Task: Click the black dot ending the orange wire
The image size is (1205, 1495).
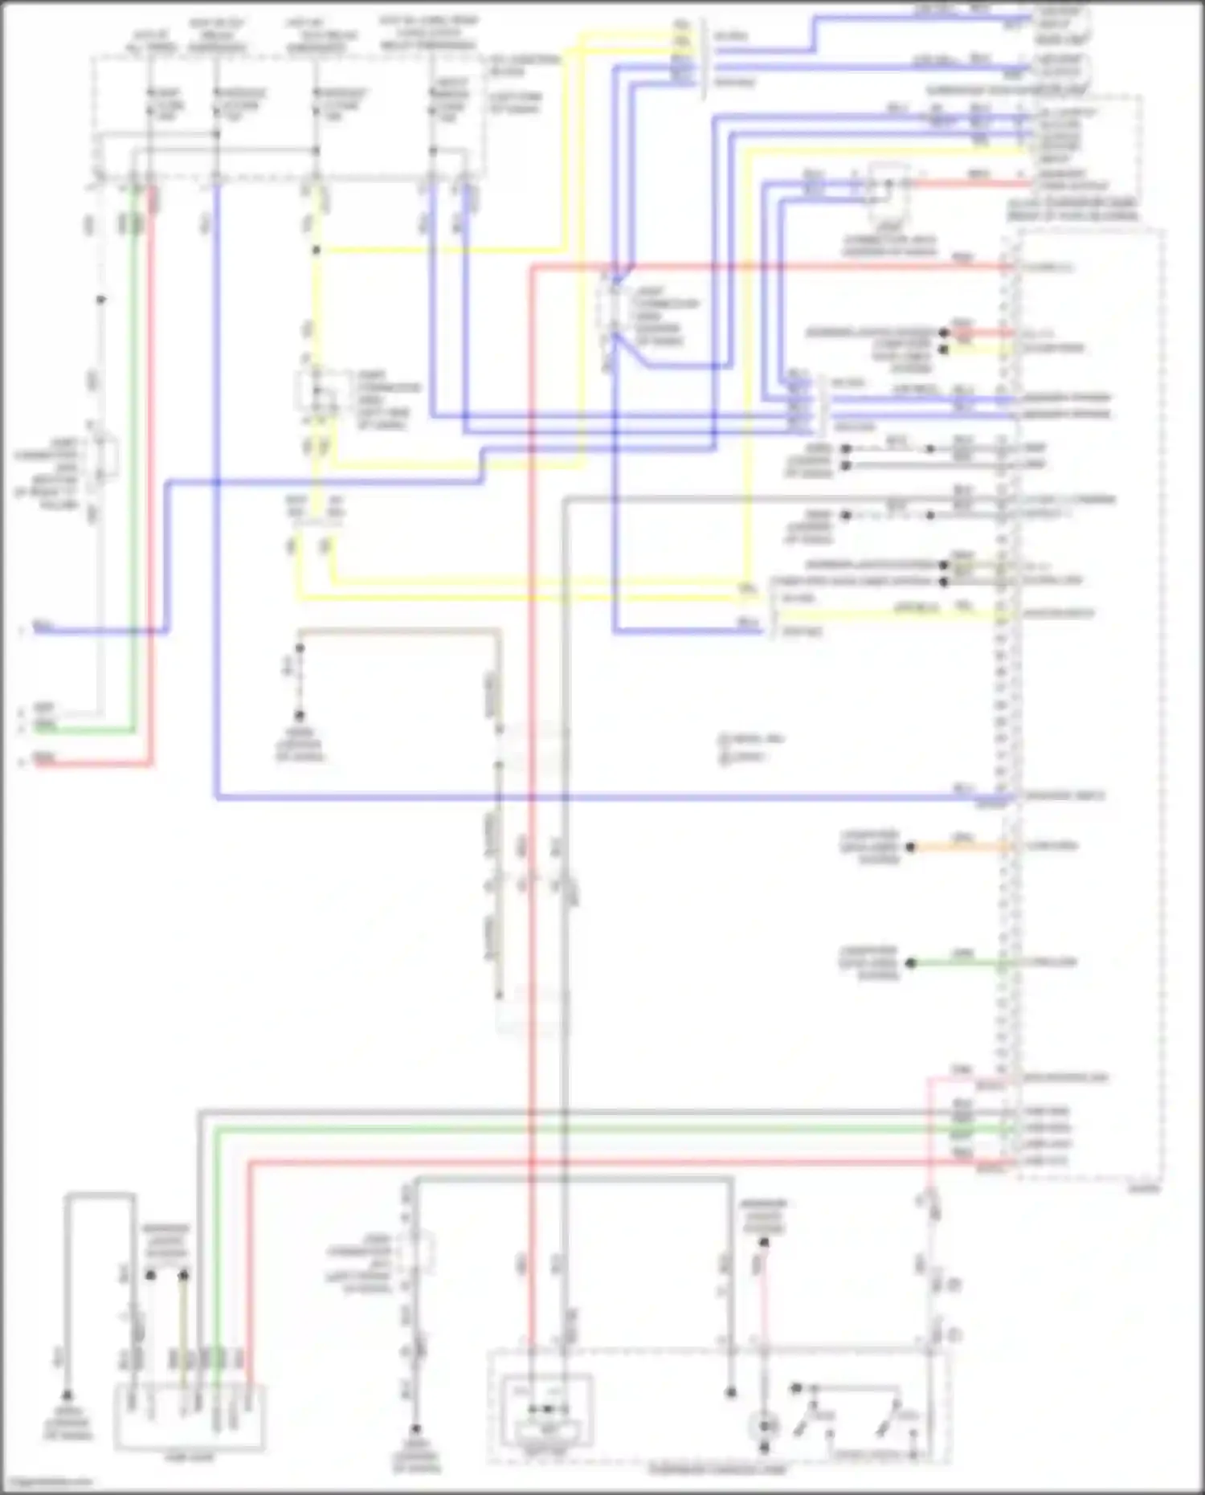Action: click(911, 847)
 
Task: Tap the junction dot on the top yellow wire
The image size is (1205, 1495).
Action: click(317, 251)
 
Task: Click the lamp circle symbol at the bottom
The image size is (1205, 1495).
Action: click(764, 1427)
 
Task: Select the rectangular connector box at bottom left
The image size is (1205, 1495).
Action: click(190, 1418)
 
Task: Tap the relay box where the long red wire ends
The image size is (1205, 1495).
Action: click(546, 1410)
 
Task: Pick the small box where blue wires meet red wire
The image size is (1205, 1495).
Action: click(888, 184)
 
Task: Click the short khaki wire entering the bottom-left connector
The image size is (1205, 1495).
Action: click(184, 1325)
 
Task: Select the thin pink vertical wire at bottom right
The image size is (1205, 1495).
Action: click(929, 1141)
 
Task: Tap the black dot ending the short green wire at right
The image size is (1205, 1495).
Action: click(911, 962)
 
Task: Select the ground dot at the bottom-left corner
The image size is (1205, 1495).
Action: click(67, 1396)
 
